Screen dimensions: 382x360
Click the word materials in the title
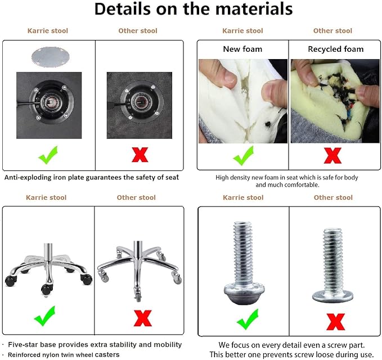pos(254,9)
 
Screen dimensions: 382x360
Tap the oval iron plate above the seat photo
pos(51,57)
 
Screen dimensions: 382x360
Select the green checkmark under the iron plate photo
pos(48,155)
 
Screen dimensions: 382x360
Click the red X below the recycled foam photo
pos(332,155)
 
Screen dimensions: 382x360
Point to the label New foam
pos(242,49)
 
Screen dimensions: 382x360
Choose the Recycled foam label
pos(336,49)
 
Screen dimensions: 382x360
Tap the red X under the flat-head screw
pos(336,322)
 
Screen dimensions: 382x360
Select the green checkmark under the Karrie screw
pos(248,319)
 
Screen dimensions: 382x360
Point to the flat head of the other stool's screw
pos(333,296)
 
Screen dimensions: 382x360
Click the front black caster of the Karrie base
pos(47,289)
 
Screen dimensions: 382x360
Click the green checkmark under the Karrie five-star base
pos(45,316)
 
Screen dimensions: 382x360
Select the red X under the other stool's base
pos(143,318)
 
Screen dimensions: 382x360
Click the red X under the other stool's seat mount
pos(140,155)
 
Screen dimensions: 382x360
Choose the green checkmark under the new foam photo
pos(243,155)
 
